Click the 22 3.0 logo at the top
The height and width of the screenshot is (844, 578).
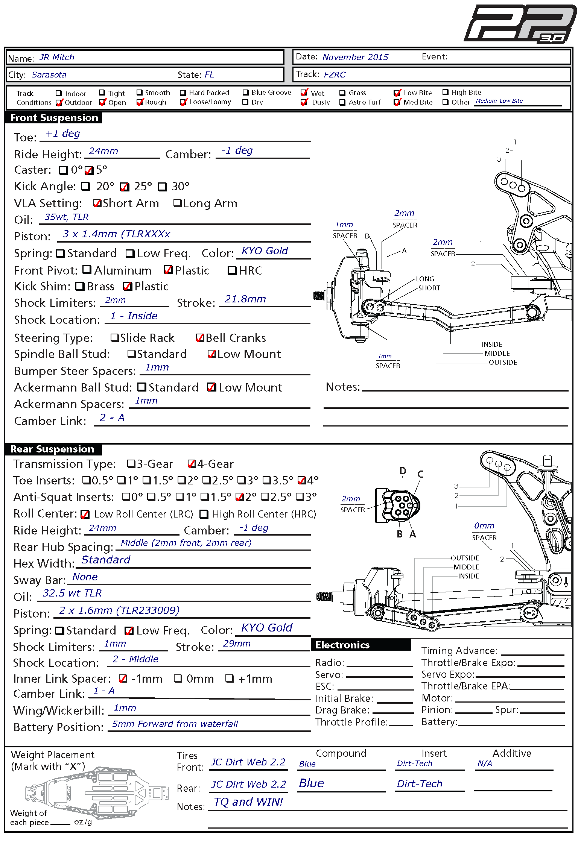click(x=520, y=24)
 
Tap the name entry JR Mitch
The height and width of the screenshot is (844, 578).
click(x=57, y=57)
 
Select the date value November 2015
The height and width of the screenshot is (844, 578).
click(x=355, y=57)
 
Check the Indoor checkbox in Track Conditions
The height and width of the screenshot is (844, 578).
click(x=59, y=93)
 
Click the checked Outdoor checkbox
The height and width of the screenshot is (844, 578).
click(x=59, y=102)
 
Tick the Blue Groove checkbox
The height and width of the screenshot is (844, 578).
click(x=245, y=93)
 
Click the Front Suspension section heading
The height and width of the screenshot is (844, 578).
click(x=54, y=118)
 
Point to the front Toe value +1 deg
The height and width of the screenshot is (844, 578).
click(x=62, y=134)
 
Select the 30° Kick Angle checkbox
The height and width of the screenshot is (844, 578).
click(x=162, y=187)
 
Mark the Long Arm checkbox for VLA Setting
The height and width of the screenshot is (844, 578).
click(x=177, y=203)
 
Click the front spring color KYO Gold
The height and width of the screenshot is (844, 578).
click(x=265, y=251)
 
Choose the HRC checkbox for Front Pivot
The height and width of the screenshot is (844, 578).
click(x=232, y=270)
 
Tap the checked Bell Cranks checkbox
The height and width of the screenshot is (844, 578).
click(x=200, y=338)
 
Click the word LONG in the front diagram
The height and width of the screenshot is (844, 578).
click(x=425, y=279)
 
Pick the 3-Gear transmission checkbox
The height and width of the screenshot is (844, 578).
click(x=131, y=463)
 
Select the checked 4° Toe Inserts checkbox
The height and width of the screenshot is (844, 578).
click(x=302, y=480)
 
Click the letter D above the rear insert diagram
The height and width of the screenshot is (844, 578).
click(x=403, y=471)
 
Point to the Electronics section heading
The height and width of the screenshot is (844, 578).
click(x=342, y=645)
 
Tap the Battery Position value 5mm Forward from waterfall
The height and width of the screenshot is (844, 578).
click(x=175, y=724)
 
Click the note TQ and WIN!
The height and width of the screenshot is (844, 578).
click(x=248, y=802)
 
